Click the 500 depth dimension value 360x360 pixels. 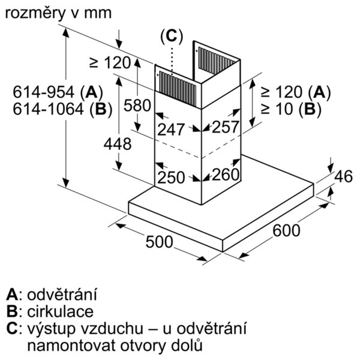tap(159, 242)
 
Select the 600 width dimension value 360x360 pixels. tap(286, 230)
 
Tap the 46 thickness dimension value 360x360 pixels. tap(343, 176)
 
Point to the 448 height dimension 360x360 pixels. tap(118, 144)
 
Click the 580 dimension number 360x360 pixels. tap(137, 106)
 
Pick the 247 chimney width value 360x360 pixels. tap(171, 129)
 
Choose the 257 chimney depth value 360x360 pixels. tap(225, 127)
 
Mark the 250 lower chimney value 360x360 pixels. tap(171, 177)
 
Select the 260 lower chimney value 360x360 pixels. tap(226, 175)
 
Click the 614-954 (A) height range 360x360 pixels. tap(58, 92)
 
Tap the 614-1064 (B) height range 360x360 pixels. tap(62, 109)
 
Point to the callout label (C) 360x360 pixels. tap(172, 36)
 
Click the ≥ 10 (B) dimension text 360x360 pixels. tap(291, 109)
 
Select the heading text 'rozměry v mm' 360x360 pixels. tap(58, 13)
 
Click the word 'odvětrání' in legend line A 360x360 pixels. tap(62, 295)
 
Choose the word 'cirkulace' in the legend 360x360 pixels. tap(61, 311)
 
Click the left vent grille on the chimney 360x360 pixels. tap(178, 89)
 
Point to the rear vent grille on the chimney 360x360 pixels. tap(217, 61)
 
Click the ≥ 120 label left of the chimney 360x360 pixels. tap(110, 62)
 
